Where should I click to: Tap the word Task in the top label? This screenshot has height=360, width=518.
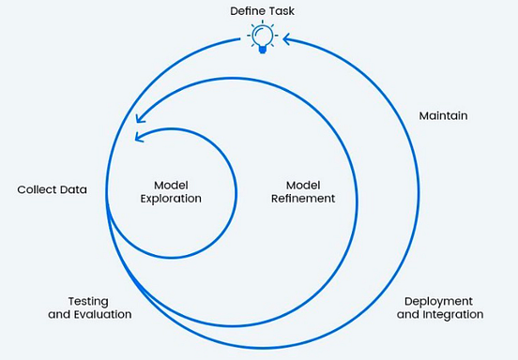[x=282, y=10]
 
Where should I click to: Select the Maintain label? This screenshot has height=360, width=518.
[x=443, y=116]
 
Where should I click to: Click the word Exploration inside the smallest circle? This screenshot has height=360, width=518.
[x=172, y=199]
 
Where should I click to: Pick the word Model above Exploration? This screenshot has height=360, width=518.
[x=172, y=184]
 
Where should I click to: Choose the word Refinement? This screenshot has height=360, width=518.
[x=303, y=199]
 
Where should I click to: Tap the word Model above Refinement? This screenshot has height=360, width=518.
[x=303, y=184]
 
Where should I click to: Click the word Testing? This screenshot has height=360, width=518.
[x=89, y=301]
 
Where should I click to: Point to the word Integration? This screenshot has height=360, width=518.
[x=452, y=315]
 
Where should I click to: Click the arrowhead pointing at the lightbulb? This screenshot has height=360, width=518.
[x=287, y=39]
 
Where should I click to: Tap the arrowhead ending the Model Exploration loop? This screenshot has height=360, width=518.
[x=140, y=138]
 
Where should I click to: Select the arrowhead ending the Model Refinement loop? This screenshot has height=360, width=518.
[x=140, y=118]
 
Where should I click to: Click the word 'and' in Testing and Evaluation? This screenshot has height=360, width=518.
[x=58, y=315]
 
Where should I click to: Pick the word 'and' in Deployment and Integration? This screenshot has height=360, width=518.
[x=408, y=315]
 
